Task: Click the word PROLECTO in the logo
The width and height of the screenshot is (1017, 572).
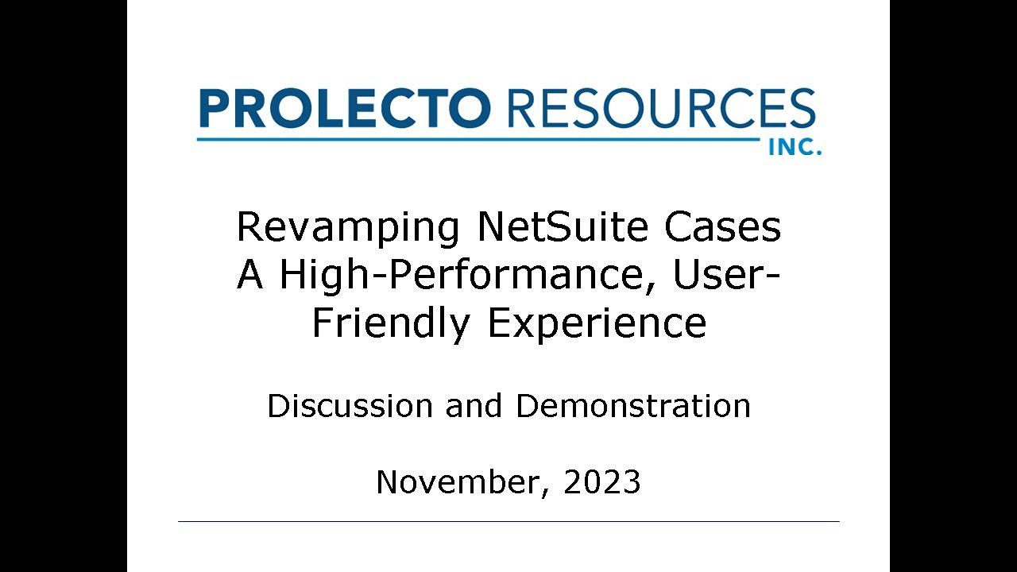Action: tap(342, 109)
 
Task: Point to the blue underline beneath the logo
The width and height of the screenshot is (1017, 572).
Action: tap(477, 140)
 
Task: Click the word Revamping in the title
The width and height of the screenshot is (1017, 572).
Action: tap(348, 228)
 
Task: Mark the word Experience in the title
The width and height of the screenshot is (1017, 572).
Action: tap(597, 323)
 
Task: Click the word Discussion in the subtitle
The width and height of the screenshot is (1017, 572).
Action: tap(350, 406)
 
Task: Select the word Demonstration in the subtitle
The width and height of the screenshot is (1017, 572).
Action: tap(633, 406)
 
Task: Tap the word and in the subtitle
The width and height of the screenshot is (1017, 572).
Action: tap(474, 406)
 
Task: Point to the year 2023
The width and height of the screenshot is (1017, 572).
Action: tap(602, 482)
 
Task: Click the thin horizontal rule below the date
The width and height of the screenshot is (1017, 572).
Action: tap(508, 521)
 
